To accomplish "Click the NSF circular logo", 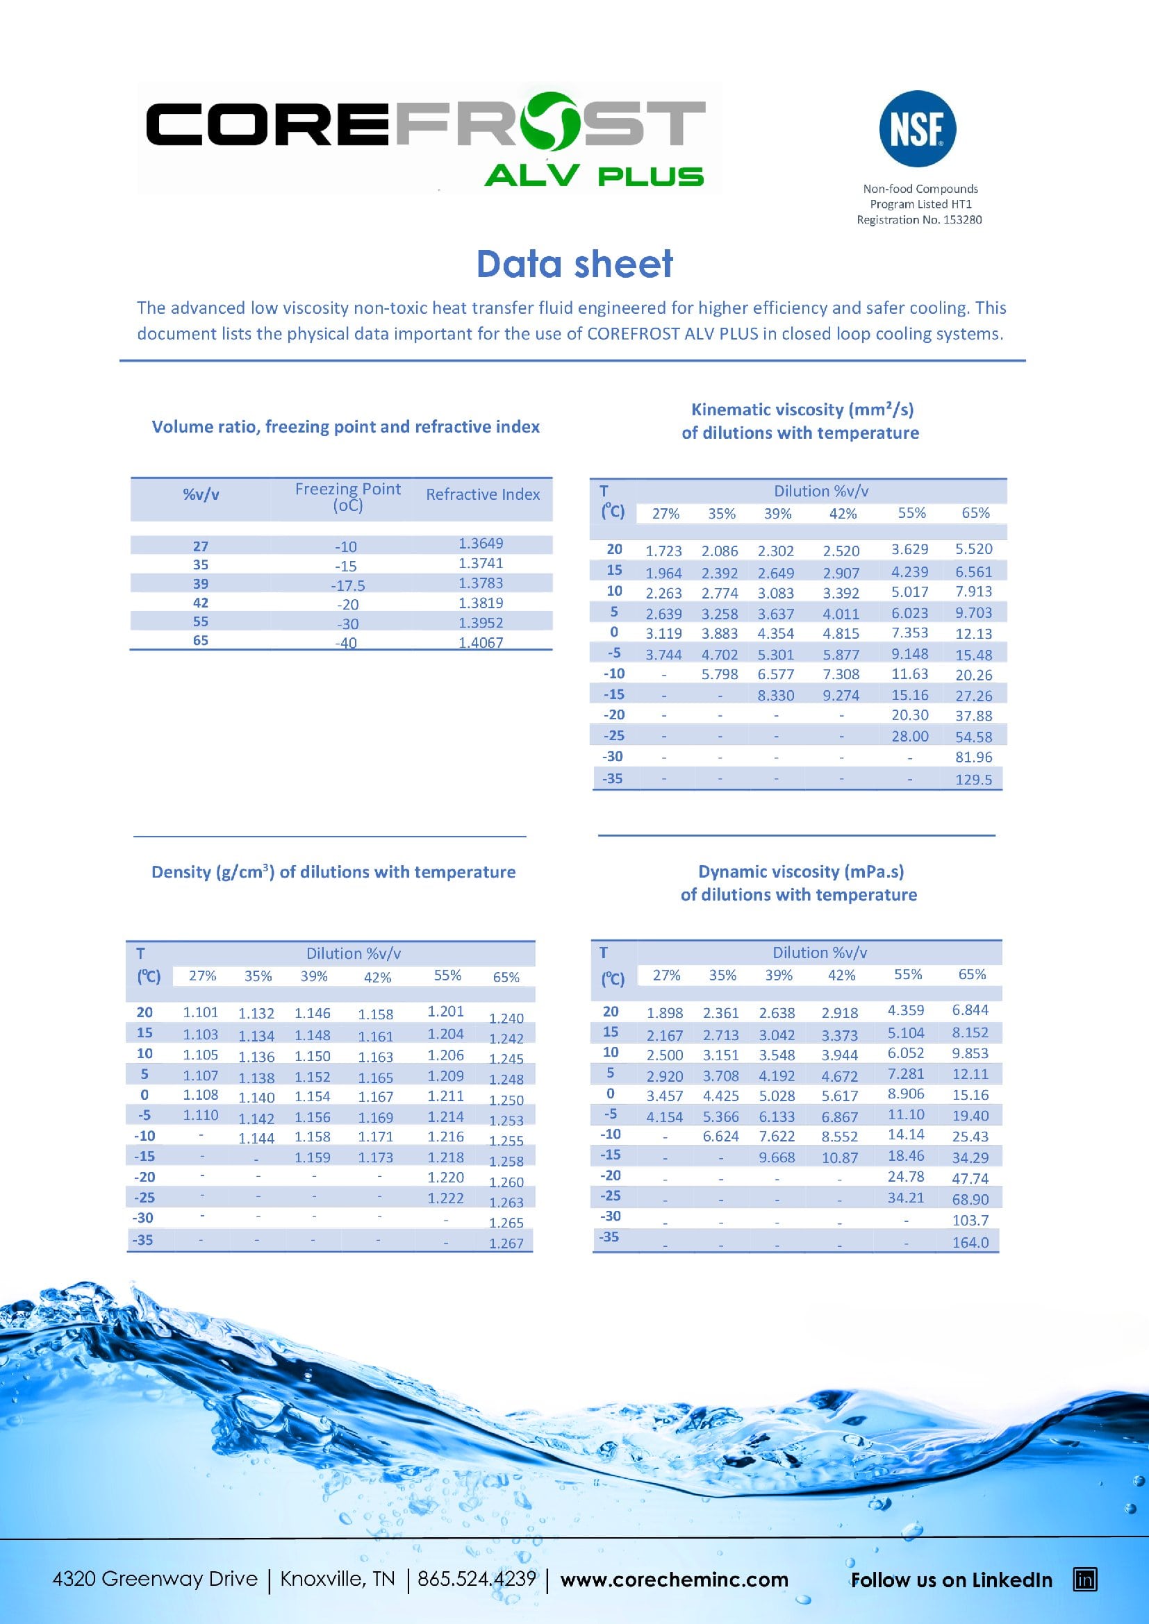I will click(917, 128).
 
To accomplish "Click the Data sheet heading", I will click(574, 264).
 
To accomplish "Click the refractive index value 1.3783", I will click(481, 583).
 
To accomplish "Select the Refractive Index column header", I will click(483, 494).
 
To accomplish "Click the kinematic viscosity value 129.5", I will click(973, 780).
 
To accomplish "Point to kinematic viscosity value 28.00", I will click(910, 736).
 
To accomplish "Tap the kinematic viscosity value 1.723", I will click(663, 551).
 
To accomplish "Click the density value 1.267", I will click(506, 1244).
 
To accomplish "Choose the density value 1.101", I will click(201, 1012).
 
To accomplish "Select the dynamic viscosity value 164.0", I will click(970, 1242).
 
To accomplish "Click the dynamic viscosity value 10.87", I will click(840, 1158).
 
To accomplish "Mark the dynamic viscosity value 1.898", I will click(665, 1013).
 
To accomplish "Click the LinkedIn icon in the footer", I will click(1085, 1580).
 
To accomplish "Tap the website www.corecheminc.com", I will click(674, 1580).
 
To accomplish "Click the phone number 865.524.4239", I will click(476, 1579).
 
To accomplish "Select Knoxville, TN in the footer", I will click(338, 1579).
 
